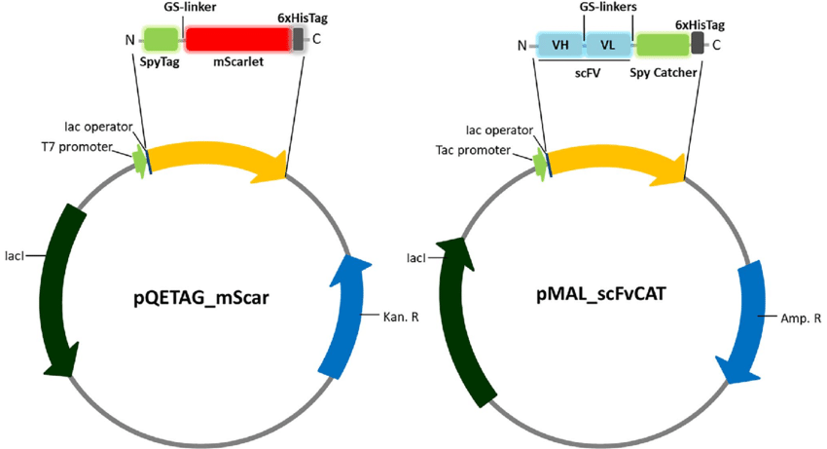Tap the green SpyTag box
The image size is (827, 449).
click(x=161, y=39)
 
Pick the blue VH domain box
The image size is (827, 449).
click(x=561, y=45)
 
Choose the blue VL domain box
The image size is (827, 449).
click(x=607, y=45)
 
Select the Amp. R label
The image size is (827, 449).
click(x=801, y=318)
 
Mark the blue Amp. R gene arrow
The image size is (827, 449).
click(x=749, y=321)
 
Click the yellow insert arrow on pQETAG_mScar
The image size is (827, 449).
click(x=214, y=155)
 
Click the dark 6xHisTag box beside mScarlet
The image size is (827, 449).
click(x=298, y=39)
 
